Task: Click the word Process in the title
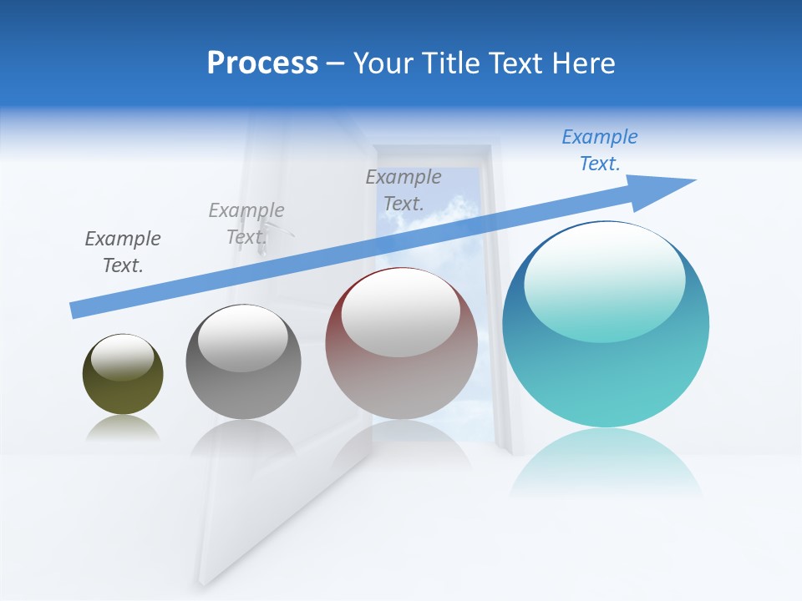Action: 262,63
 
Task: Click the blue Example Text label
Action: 600,150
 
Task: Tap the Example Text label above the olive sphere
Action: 123,252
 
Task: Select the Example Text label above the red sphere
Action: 404,190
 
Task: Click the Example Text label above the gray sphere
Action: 246,224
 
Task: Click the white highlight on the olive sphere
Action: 122,357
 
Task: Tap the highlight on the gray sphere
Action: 242,338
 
